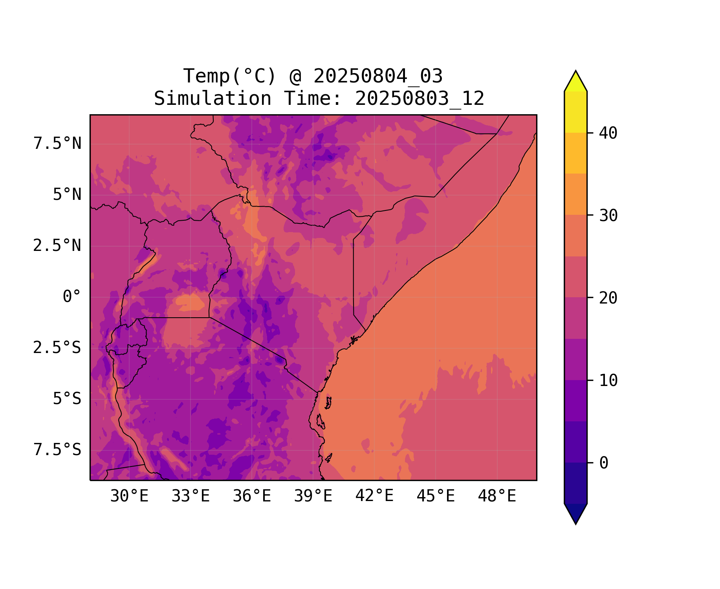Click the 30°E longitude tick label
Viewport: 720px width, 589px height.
pos(129,496)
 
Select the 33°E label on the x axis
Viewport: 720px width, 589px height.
pos(191,496)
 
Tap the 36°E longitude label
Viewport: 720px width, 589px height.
pos(252,496)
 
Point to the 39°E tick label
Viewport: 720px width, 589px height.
pos(313,496)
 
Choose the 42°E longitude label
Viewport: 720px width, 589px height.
pos(374,496)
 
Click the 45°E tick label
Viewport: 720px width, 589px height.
pos(436,496)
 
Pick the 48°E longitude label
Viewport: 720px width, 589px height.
pos(497,496)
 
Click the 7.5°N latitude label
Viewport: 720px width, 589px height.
pos(57,144)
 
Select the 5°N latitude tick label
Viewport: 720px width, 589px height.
pos(67,195)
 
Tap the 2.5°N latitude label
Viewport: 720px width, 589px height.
pos(57,246)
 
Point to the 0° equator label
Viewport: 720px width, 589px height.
pos(72,297)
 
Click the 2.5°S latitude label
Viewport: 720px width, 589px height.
pos(57,348)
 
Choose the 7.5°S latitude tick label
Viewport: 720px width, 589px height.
pos(57,450)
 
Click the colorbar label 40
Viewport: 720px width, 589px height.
pos(608,133)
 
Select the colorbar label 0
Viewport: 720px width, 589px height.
pos(604,463)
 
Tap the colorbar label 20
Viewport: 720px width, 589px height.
pos(608,298)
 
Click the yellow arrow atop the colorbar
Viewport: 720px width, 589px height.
pos(575,82)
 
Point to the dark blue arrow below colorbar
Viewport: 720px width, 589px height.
pos(575,513)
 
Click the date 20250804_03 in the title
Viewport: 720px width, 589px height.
pos(378,76)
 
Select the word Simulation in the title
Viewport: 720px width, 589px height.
pos(213,99)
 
